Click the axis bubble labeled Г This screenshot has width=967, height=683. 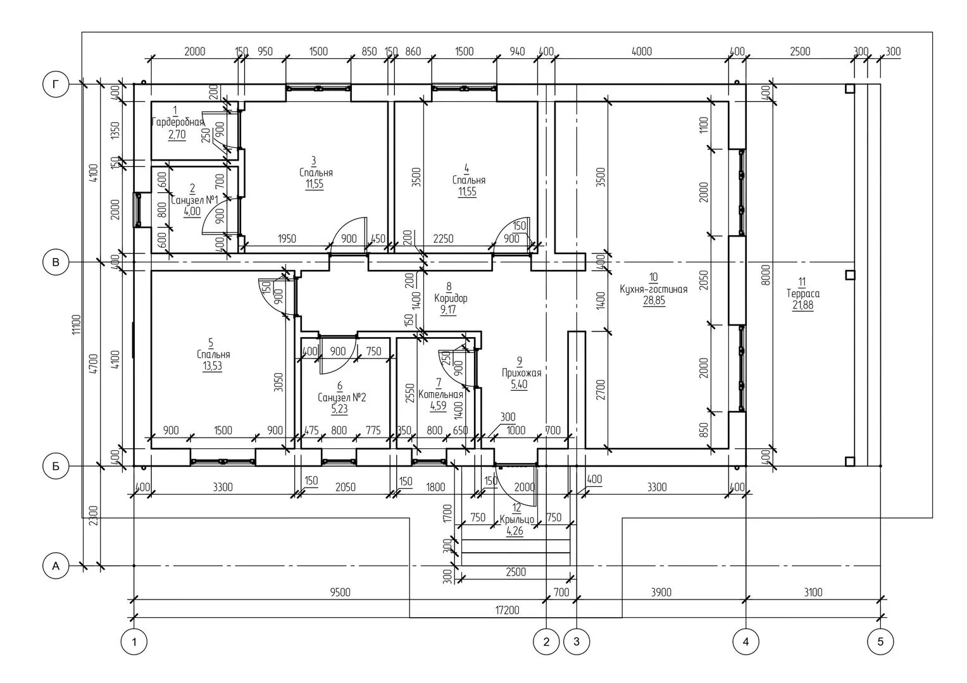(56, 84)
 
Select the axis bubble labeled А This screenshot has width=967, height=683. (56, 565)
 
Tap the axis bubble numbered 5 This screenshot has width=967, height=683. (880, 642)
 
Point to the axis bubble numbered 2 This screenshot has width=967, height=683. (546, 642)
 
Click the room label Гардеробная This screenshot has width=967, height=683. (177, 122)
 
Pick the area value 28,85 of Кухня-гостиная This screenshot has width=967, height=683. (654, 301)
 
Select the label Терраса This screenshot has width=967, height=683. (802, 294)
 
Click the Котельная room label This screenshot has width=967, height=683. (440, 394)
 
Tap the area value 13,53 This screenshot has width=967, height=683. (212, 366)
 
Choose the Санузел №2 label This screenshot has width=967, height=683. (342, 397)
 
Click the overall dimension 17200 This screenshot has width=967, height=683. (508, 610)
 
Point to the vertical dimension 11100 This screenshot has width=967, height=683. (77, 324)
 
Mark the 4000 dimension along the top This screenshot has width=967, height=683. (642, 51)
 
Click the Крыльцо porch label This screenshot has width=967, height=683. (517, 519)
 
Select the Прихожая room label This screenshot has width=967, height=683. (521, 372)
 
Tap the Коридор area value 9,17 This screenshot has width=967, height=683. (448, 310)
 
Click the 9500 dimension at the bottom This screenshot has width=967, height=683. (340, 592)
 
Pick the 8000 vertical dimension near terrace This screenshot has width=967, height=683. (765, 275)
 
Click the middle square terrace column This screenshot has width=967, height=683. (849, 275)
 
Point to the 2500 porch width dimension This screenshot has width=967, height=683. (516, 572)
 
